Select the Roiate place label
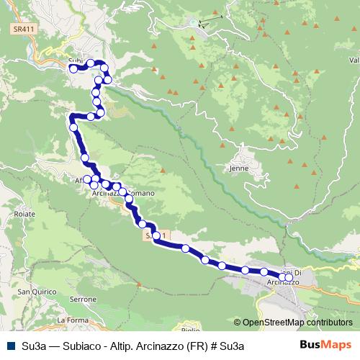coord(24,214)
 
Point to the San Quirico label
coord(32,292)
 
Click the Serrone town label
coord(84,298)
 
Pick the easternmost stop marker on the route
coord(289,277)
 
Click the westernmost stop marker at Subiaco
coord(73,69)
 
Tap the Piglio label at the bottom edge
coord(191,329)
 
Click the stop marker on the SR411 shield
coord(156,235)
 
